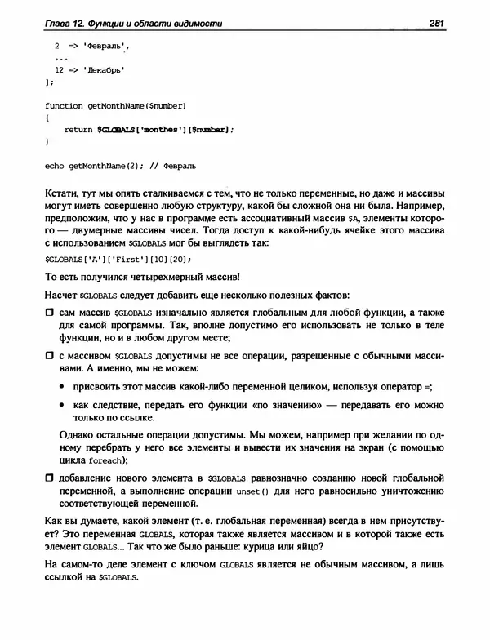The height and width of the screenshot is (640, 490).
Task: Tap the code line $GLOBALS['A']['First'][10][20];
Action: click(x=118, y=260)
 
